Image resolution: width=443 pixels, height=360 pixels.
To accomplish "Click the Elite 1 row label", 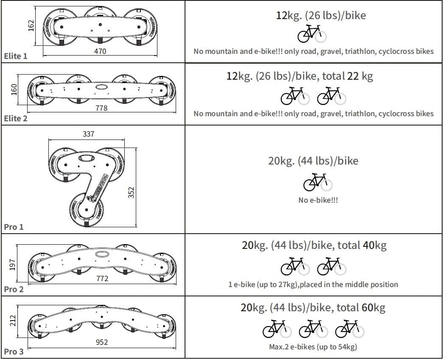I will click(x=16, y=56).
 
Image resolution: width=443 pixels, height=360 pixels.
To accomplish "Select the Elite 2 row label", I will click(x=16, y=118).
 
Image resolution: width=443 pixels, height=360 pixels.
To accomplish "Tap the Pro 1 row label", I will click(x=14, y=227).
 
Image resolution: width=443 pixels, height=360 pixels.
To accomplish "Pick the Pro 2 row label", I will click(x=14, y=289).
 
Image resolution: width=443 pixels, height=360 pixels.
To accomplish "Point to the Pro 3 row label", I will click(x=14, y=352).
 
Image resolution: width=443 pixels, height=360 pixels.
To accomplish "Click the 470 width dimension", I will click(x=100, y=51).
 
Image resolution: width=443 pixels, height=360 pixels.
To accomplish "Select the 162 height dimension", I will click(x=31, y=26).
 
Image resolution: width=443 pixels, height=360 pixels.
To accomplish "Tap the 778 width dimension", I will click(x=102, y=109).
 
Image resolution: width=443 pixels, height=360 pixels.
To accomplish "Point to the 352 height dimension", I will click(x=131, y=193).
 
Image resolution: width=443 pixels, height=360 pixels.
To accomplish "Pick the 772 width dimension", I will click(x=102, y=279).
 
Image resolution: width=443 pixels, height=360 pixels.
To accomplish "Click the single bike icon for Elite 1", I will click(x=312, y=34).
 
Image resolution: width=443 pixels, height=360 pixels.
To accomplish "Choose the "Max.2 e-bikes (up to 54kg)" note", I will click(x=313, y=347).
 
